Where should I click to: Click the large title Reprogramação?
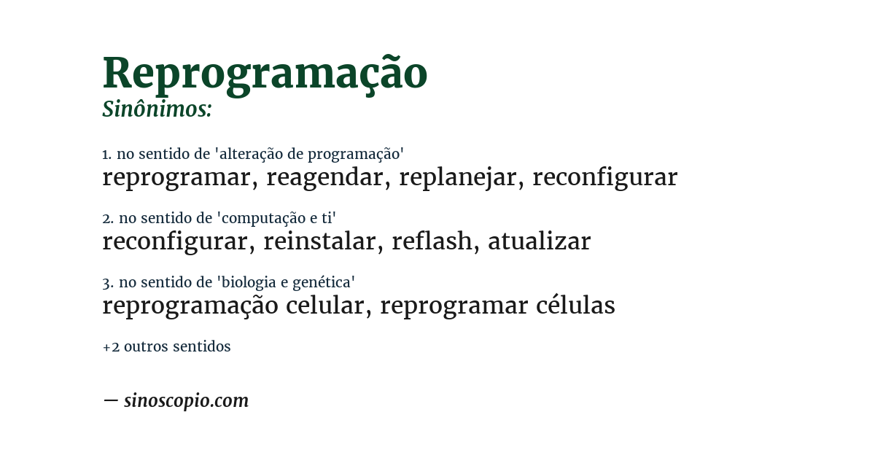(x=265, y=73)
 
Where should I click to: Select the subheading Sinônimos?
(x=157, y=109)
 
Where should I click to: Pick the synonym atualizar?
(x=539, y=241)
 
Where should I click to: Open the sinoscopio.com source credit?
(x=186, y=400)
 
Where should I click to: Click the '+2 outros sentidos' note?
(x=166, y=346)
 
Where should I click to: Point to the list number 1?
(x=106, y=154)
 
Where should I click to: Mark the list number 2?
(x=107, y=218)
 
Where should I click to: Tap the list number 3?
(x=107, y=282)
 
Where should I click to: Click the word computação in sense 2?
(x=262, y=218)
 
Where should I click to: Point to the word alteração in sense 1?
(x=252, y=154)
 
